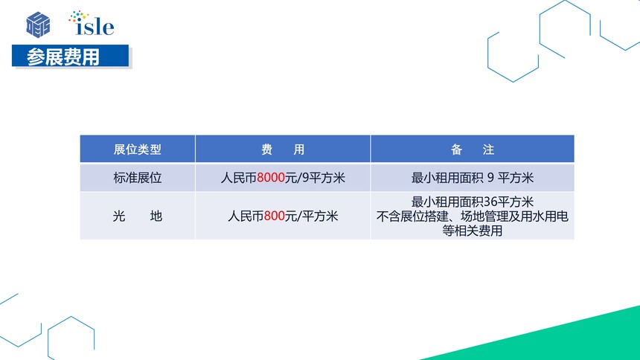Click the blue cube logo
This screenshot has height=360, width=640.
pyautogui.click(x=39, y=25)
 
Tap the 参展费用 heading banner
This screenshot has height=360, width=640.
pyautogui.click(x=70, y=56)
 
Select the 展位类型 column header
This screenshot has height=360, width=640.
pyautogui.click(x=138, y=150)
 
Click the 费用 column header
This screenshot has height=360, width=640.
pyautogui.click(x=283, y=150)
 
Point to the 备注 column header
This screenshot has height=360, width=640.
pyautogui.click(x=473, y=150)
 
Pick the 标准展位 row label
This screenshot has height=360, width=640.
pyautogui.click(x=138, y=178)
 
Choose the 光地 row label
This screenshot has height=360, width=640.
pyautogui.click(x=138, y=216)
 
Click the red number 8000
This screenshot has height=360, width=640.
pyautogui.click(x=271, y=178)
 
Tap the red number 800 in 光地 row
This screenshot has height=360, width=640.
pyautogui.click(x=275, y=216)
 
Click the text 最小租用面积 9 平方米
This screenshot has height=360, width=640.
pyautogui.click(x=473, y=178)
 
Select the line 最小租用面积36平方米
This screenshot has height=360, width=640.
pyautogui.click(x=473, y=202)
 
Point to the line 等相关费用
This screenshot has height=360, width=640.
pyautogui.click(x=473, y=231)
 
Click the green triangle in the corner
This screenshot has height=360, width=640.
pyautogui.click(x=572, y=341)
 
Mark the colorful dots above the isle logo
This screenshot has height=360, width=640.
pyautogui.click(x=78, y=16)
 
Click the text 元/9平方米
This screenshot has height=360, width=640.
pyautogui.click(x=315, y=178)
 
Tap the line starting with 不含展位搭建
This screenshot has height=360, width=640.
pyautogui.click(x=473, y=216)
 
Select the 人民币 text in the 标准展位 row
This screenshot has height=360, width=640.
pyautogui.click(x=239, y=178)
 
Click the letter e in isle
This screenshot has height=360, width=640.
pyautogui.click(x=108, y=28)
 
